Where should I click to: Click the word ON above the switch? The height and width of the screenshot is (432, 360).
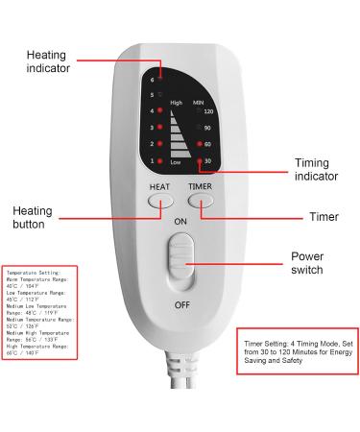coord(180,221)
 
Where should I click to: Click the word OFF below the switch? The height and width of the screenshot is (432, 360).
coord(180,304)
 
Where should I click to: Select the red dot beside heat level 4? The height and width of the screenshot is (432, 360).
coord(160,111)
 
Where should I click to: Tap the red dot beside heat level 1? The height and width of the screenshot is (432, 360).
coord(160,160)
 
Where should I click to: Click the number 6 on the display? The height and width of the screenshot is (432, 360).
coord(152,79)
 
